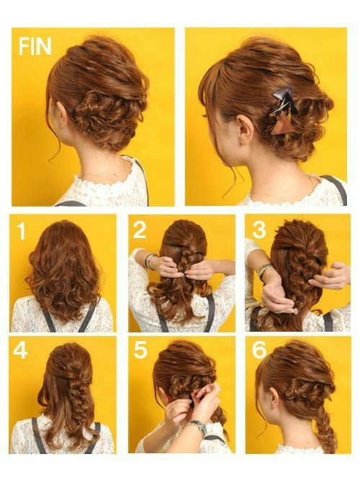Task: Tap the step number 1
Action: tap(22, 231)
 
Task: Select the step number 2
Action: tap(139, 230)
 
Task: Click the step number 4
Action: tap(21, 350)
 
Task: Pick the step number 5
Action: tap(140, 350)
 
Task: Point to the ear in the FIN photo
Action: tap(62, 115)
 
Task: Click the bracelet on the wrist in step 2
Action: tap(150, 261)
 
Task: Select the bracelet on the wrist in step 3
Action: tap(265, 272)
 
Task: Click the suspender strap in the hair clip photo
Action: tap(335, 189)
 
